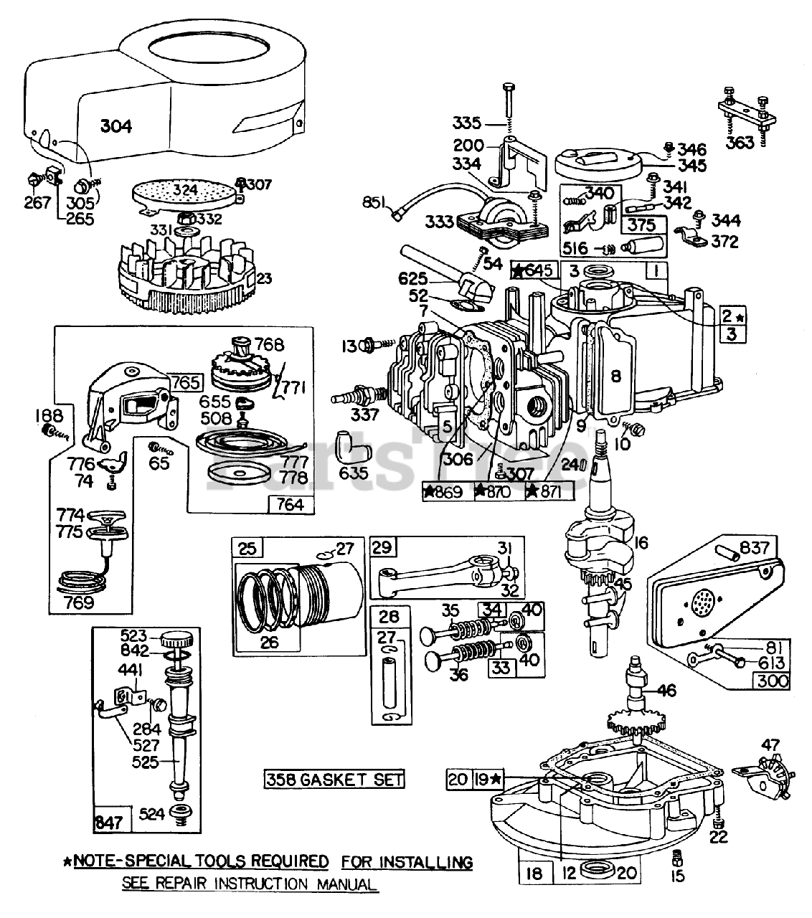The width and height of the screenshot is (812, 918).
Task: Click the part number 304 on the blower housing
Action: [115, 126]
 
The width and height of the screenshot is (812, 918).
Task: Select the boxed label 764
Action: [290, 504]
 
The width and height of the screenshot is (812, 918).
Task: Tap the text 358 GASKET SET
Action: [334, 779]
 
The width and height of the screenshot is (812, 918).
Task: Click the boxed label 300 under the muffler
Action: [771, 681]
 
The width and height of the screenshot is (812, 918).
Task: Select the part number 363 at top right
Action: [740, 142]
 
